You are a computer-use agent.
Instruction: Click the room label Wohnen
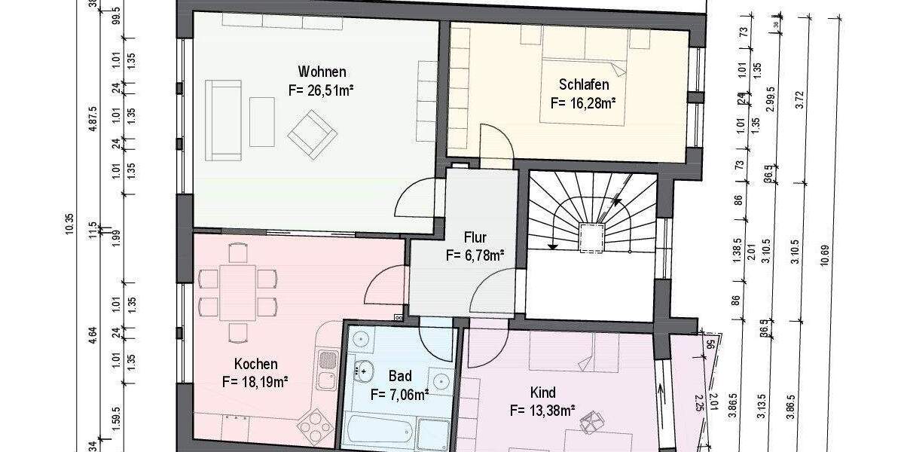[x=322, y=72]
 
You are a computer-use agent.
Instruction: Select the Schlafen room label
[x=584, y=84]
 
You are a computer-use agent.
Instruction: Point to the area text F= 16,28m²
[x=584, y=102]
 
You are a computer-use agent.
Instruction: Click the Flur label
[x=475, y=237]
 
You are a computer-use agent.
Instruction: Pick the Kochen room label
[x=255, y=364]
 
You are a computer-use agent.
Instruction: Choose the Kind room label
[x=542, y=392]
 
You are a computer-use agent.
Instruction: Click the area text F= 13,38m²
[x=542, y=411]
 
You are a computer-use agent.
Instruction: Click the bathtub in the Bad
[x=378, y=433]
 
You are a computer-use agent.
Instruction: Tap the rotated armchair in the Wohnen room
[x=311, y=133]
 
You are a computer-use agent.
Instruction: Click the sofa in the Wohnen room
[x=224, y=121]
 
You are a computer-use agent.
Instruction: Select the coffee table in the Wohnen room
[x=261, y=121]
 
